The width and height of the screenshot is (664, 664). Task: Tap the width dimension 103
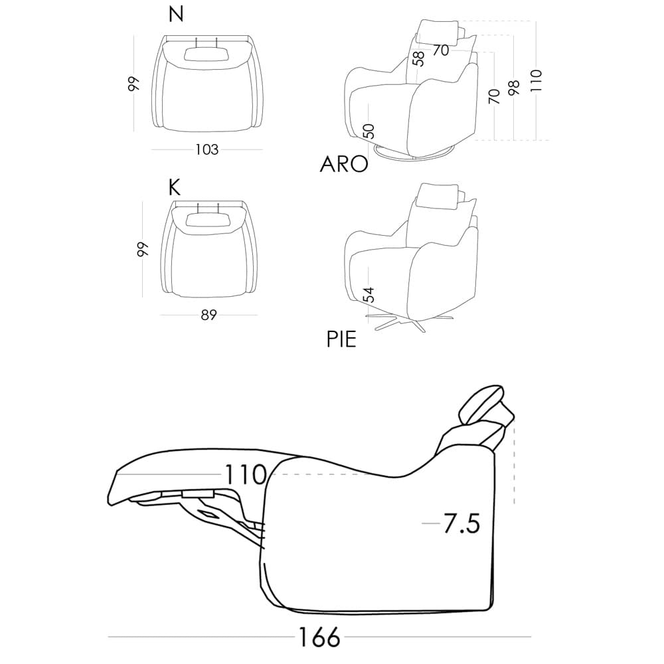(207, 149)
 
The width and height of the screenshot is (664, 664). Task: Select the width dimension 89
(208, 315)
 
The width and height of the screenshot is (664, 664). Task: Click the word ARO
(344, 164)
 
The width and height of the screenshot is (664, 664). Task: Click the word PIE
(341, 339)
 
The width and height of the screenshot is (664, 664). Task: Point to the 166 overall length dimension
(319, 638)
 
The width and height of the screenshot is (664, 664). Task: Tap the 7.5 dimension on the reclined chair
(461, 524)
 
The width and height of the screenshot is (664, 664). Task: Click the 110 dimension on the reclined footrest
(245, 475)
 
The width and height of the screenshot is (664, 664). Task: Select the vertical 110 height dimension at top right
(537, 80)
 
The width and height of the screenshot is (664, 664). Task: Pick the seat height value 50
(370, 129)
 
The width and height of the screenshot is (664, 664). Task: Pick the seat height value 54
(370, 294)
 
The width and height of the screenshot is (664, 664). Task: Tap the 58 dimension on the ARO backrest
(418, 58)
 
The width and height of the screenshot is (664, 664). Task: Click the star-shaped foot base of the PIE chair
(398, 324)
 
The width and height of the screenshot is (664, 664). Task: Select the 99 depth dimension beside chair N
(134, 83)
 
